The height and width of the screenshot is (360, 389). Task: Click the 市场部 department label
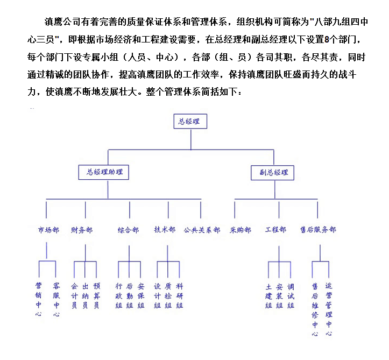(48, 230)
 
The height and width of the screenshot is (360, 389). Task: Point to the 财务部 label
(82, 230)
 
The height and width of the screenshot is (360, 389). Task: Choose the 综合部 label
(128, 230)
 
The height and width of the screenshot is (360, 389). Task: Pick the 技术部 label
(165, 229)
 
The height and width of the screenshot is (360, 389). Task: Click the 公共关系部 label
(202, 230)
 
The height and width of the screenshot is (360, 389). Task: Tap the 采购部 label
(241, 230)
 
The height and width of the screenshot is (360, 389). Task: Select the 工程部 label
(275, 229)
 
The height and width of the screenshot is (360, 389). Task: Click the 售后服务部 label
(318, 229)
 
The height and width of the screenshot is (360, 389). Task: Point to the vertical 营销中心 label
(38, 300)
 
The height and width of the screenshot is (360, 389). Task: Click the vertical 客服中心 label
(56, 300)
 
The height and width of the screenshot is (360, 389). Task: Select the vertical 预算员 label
(96, 296)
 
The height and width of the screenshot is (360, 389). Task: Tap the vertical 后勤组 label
(130, 296)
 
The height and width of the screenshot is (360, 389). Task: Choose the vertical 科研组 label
(180, 296)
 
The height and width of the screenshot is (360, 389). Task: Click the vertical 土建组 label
(268, 296)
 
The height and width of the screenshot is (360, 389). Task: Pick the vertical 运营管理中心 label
(329, 309)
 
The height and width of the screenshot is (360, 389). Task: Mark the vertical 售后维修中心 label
(315, 309)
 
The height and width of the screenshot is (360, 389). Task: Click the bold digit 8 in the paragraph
(327, 39)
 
